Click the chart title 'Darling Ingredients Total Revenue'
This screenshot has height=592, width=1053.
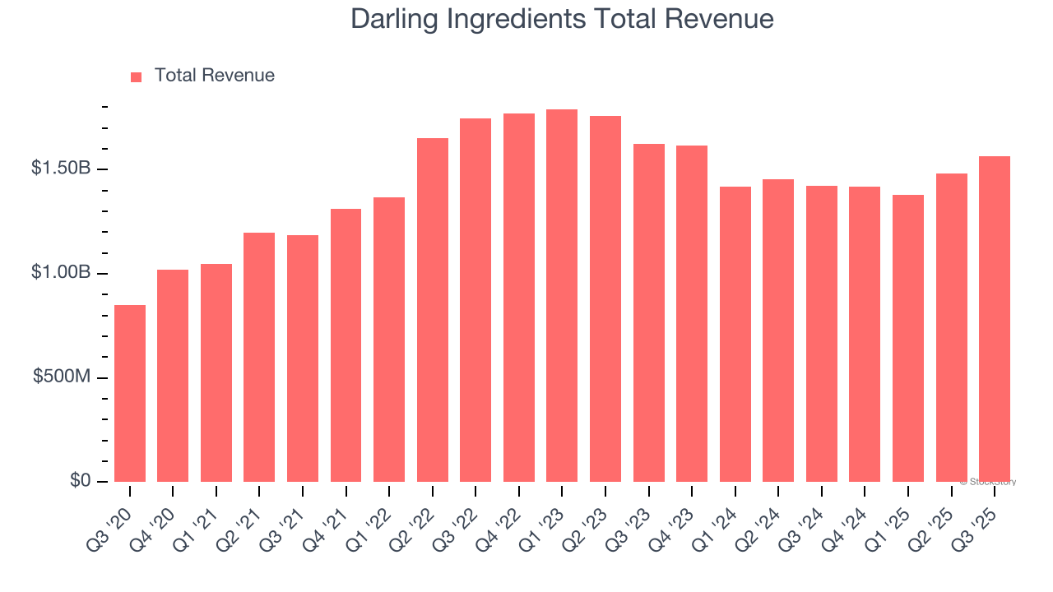562,19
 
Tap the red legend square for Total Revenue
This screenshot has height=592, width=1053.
137,76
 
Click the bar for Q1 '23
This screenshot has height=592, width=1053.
562,295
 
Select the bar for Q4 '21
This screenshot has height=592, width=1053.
346,345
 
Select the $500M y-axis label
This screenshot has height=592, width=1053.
62,377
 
